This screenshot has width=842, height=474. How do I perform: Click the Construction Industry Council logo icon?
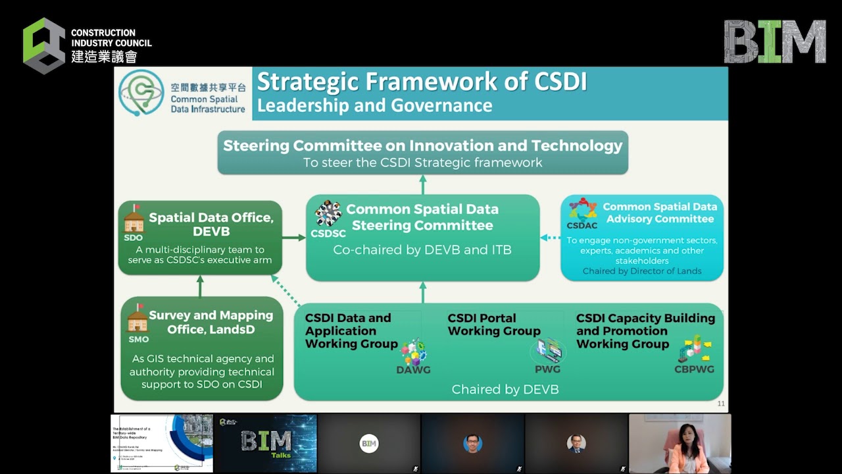44,45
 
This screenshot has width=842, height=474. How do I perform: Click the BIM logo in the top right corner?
775,41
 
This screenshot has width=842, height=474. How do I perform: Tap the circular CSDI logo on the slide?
141,93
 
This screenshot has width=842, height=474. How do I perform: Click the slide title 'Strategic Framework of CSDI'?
422,82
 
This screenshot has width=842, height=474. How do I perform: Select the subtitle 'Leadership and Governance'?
374,105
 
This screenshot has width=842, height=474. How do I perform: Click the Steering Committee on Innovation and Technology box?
422,153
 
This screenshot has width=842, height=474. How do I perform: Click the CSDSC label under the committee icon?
328,234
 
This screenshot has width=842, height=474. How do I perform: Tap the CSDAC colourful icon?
582,210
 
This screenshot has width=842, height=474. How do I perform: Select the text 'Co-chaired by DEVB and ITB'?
422,250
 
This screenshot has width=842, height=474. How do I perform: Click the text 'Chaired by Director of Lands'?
641,271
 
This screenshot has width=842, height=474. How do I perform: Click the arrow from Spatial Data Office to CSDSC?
294,237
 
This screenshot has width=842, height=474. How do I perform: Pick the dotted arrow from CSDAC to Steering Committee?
550,238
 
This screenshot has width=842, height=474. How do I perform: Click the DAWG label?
413,370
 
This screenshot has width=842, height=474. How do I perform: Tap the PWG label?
547,370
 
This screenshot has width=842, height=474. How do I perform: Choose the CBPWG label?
694,369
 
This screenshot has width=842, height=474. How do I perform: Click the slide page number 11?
720,404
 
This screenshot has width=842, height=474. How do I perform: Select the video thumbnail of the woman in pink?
680,443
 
